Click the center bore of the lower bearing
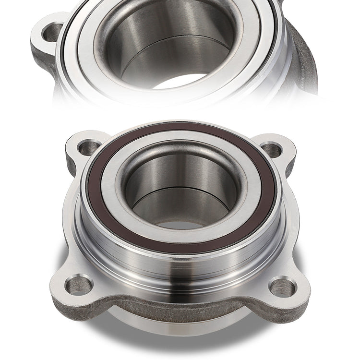[x=180, y=192]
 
